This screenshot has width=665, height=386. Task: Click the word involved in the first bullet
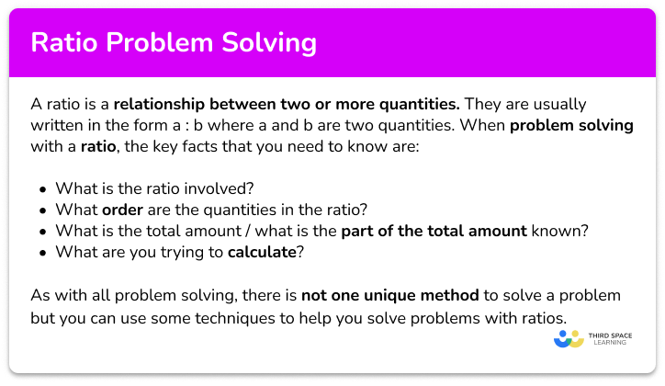pos(217,187)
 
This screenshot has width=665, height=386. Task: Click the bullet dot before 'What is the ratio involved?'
pos(44,188)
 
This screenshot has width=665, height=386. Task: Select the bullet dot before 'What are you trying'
pos(44,251)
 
